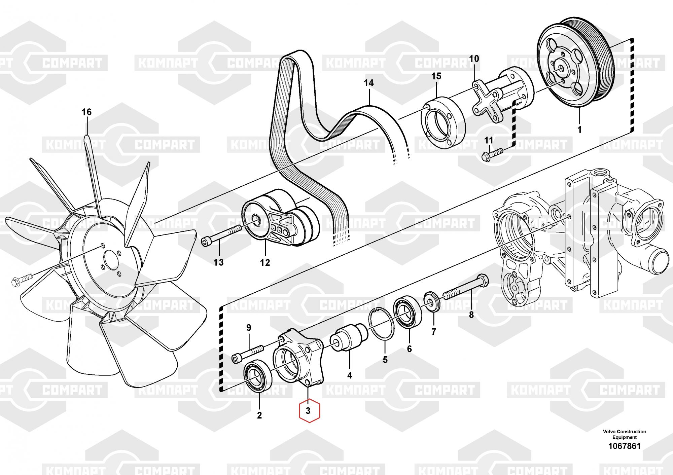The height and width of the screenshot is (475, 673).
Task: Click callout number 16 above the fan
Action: pyautogui.click(x=87, y=112)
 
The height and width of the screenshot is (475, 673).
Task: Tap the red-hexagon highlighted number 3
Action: pyautogui.click(x=308, y=410)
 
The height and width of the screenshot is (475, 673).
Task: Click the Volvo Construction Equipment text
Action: pyautogui.click(x=624, y=434)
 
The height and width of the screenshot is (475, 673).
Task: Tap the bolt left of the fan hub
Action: pyautogui.click(x=22, y=280)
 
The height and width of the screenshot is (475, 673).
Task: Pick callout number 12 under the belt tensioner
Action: pyautogui.click(x=265, y=262)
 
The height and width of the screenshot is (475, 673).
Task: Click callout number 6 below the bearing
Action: pyautogui.click(x=409, y=349)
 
